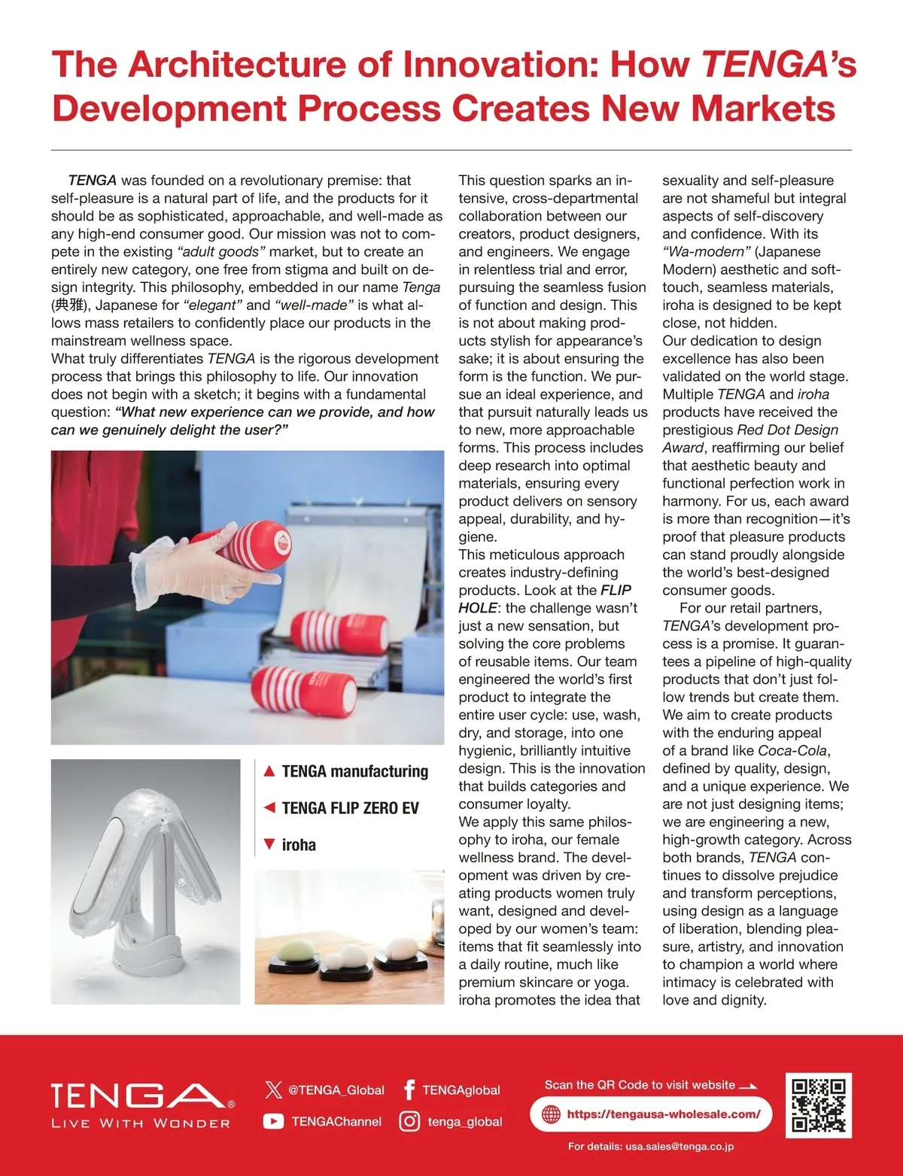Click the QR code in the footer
(x=819, y=1105)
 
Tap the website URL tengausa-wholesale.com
(x=663, y=1114)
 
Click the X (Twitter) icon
(x=273, y=1089)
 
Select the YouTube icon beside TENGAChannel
(x=273, y=1121)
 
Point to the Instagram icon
(x=409, y=1121)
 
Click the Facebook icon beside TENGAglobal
(x=409, y=1089)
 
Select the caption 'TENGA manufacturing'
(x=354, y=771)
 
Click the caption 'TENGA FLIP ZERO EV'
(x=350, y=808)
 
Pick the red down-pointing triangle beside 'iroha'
(x=269, y=844)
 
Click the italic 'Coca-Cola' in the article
(x=792, y=751)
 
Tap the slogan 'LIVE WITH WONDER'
(x=141, y=1123)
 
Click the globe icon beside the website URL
(x=551, y=1114)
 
